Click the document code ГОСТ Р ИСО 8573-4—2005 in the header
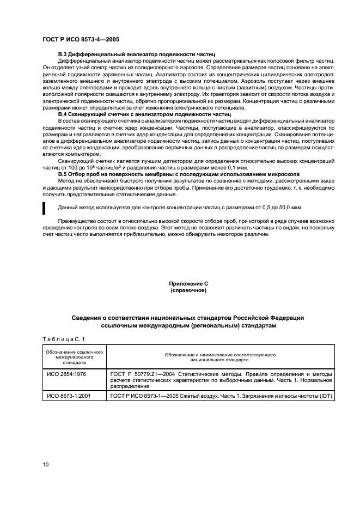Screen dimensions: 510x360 click(x=81, y=40)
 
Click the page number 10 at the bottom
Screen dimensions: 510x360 click(x=46, y=464)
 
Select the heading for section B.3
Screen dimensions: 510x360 click(x=137, y=55)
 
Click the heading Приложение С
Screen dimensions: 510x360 click(x=188, y=284)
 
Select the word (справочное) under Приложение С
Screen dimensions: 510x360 click(x=188, y=290)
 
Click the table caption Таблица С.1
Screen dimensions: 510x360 click(x=63, y=339)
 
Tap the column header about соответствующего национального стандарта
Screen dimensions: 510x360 click(x=220, y=357)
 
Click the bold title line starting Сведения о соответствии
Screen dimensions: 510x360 click(x=188, y=317)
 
